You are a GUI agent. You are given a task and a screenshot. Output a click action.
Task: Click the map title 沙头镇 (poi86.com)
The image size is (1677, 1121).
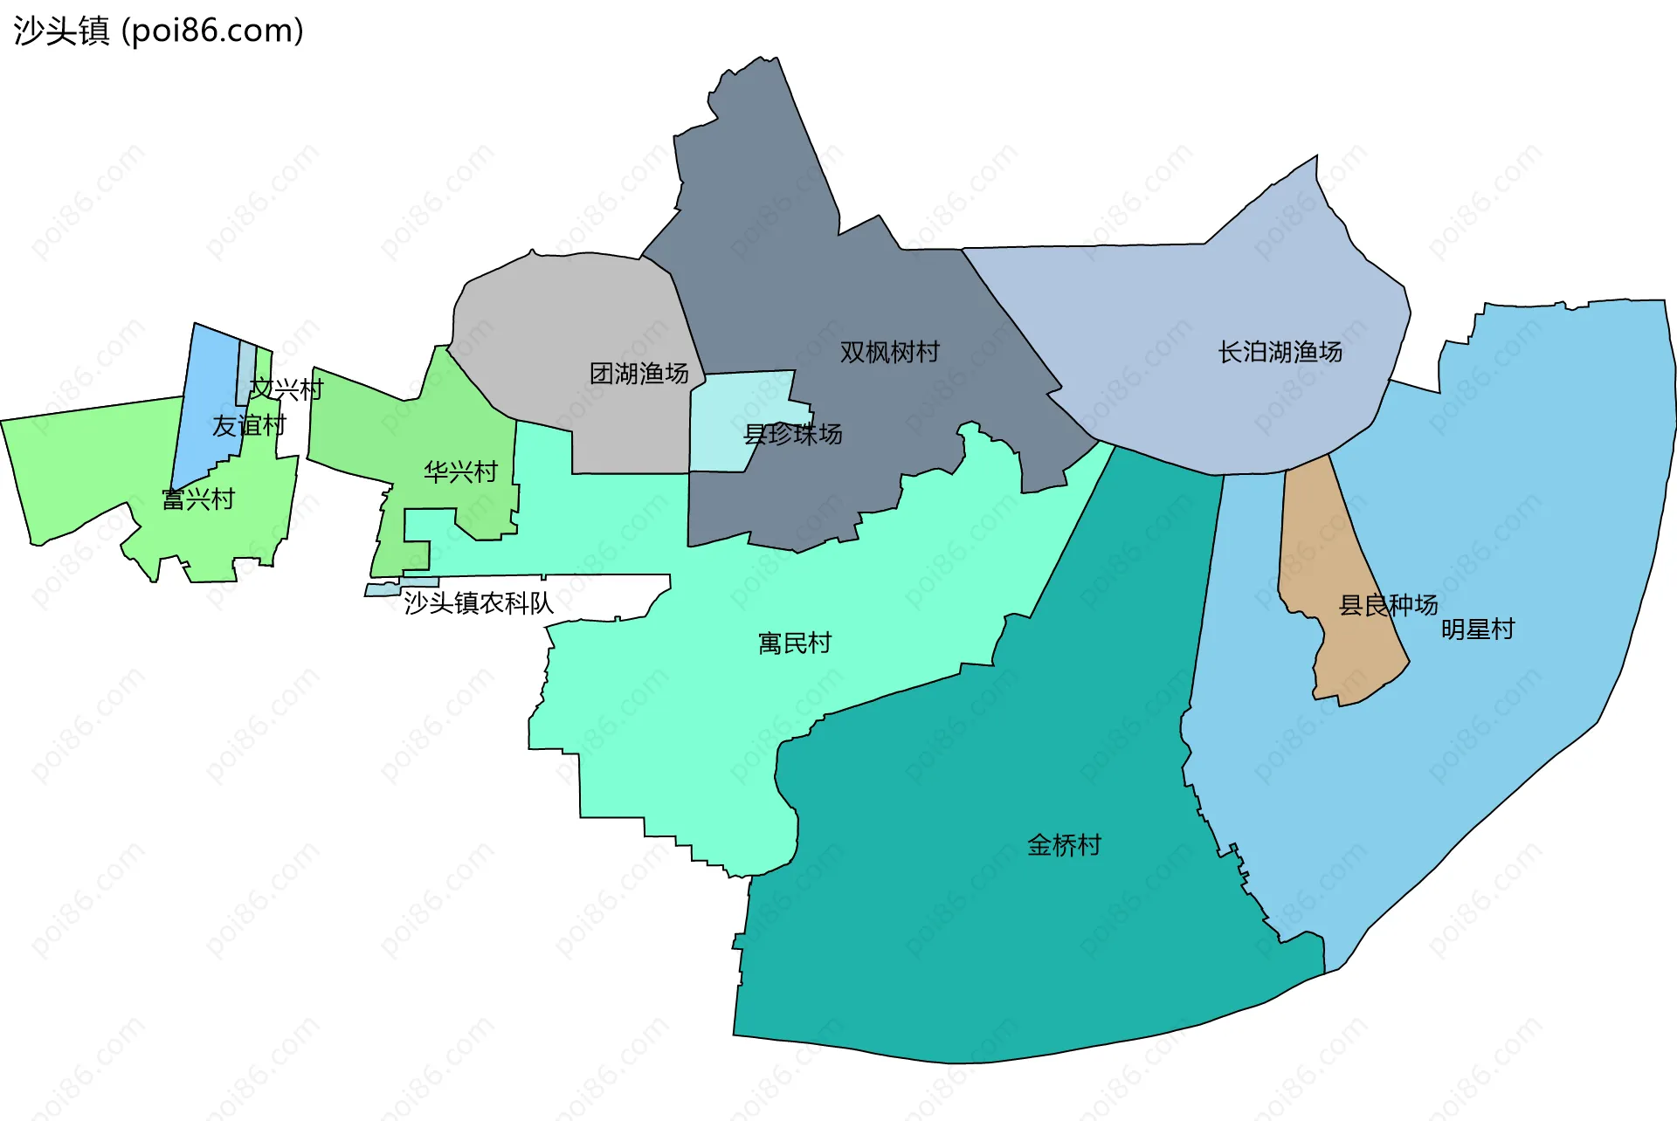click(x=158, y=31)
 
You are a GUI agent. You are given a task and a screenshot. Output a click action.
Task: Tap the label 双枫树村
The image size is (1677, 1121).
click(x=889, y=352)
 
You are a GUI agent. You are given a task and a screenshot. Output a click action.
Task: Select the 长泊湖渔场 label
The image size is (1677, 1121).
click(x=1280, y=352)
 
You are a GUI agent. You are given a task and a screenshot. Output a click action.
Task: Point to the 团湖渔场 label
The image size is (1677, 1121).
click(x=638, y=374)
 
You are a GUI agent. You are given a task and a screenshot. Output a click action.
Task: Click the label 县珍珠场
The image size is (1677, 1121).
click(x=792, y=434)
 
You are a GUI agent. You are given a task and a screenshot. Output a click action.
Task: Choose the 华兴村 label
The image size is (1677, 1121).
click(x=460, y=471)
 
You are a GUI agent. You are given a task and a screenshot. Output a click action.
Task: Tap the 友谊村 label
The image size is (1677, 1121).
click(x=249, y=425)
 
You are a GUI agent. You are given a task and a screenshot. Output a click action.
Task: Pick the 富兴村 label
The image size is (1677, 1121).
click(x=198, y=499)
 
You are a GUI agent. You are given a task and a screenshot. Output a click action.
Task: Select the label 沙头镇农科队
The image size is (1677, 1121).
click(x=478, y=602)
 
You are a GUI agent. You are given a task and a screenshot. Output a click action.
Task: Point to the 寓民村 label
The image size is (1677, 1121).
click(x=795, y=643)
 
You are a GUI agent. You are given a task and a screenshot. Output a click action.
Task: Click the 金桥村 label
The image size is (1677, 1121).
click(x=1064, y=845)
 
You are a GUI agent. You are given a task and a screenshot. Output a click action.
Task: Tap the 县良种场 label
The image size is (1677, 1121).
click(x=1388, y=605)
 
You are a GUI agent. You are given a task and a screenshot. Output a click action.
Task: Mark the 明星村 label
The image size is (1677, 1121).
click(x=1477, y=629)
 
